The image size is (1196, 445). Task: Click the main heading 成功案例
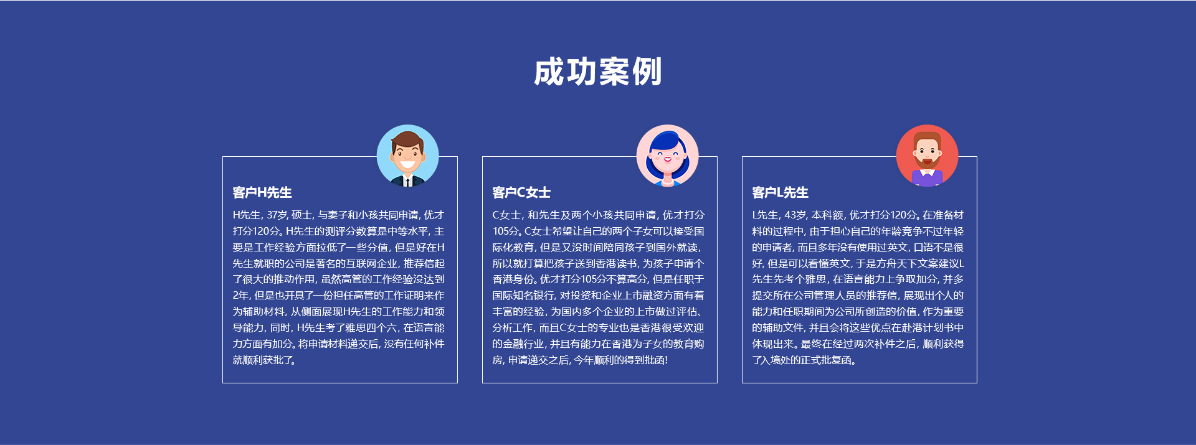point(598,72)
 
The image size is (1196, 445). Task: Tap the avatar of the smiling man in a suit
point(408,156)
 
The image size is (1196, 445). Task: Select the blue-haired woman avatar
point(667,156)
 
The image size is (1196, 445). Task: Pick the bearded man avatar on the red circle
point(927,156)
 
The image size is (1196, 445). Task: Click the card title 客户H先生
point(262,192)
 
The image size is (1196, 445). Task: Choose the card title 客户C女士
point(521,192)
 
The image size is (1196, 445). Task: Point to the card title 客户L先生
point(781,192)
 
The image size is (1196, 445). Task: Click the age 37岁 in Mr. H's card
point(277,215)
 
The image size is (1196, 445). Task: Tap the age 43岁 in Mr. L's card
point(795,215)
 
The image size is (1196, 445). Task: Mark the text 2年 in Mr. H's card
point(240,296)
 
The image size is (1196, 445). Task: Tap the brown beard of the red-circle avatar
point(927,162)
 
